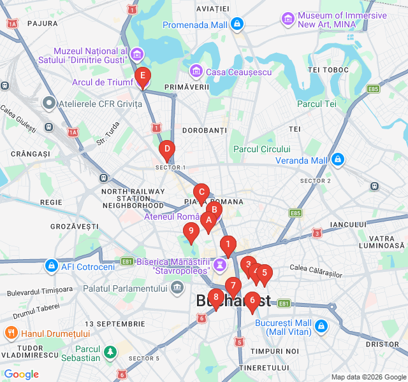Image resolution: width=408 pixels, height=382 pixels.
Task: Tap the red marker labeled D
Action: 166,151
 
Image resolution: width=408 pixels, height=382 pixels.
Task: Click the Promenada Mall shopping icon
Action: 237,25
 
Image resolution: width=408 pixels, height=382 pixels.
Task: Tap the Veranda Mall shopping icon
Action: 338,160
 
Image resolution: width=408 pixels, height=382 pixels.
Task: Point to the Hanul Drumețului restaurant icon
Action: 11,333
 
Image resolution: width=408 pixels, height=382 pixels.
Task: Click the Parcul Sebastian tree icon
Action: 111,351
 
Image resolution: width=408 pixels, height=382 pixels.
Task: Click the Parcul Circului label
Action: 262,149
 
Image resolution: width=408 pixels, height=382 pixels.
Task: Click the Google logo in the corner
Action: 22,374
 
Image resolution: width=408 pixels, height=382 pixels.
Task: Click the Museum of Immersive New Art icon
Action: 288,19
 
